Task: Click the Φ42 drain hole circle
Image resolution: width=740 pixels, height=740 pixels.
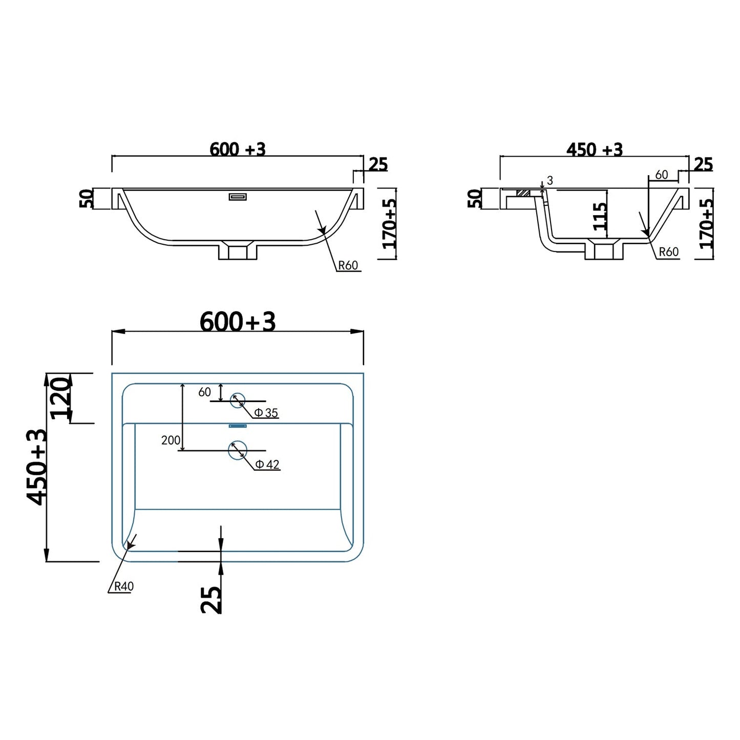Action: pos(229,450)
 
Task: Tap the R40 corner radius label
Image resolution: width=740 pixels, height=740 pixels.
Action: pos(124,586)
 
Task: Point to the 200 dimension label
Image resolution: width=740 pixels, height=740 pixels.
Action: pos(171,440)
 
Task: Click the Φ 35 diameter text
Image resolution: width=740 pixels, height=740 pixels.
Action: pos(266,413)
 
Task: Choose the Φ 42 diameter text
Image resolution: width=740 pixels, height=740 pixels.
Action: pos(267,464)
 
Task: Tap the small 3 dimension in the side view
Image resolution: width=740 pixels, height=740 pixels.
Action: pos(550,180)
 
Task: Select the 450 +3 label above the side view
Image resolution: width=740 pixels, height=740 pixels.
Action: pos(595,150)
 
